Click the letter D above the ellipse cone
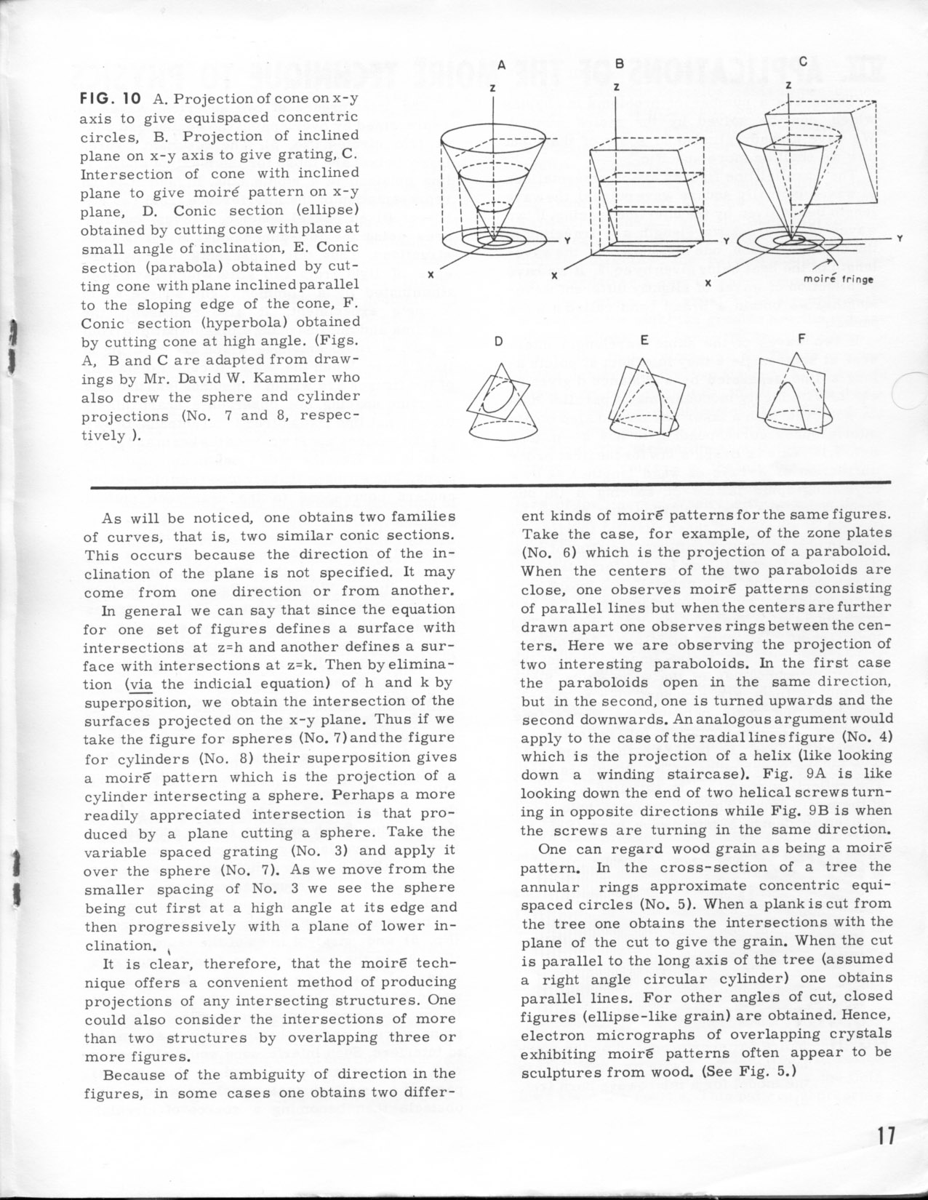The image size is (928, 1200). (498, 340)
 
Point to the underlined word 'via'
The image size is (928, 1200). (139, 684)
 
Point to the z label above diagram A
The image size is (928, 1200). (493, 87)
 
